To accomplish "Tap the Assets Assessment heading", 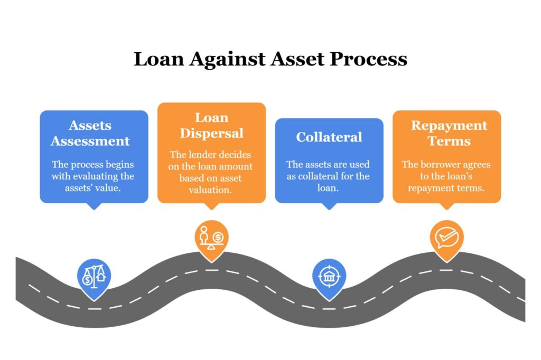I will click(90, 134).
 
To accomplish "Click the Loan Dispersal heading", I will click(211, 125).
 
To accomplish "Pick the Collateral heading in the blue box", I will click(329, 137).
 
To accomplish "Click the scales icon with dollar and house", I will click(94, 276).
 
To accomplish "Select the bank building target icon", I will click(329, 276).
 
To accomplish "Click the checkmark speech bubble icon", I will click(446, 238).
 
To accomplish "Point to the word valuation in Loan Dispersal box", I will click(210, 190).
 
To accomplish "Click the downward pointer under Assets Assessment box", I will click(94, 206).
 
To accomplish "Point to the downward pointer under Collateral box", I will click(329, 206).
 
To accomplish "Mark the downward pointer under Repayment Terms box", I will click(446, 206).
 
